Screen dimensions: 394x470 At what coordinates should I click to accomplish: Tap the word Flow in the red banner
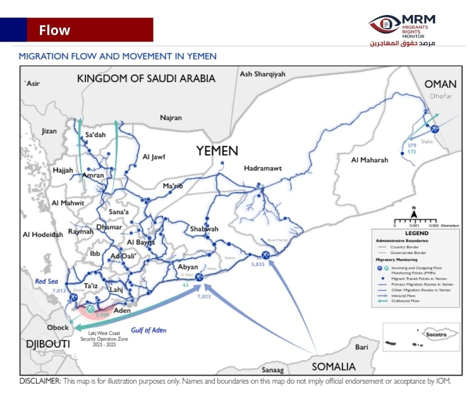55,30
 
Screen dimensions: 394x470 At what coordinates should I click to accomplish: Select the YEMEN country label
216,150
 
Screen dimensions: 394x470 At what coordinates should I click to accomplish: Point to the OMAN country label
440,84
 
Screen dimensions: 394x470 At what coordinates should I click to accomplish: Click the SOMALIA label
333,366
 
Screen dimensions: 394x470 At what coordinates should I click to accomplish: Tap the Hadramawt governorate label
262,168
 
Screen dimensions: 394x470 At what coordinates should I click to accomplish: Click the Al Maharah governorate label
369,160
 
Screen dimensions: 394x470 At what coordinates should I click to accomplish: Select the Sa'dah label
96,134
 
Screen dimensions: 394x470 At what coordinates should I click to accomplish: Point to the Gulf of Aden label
148,330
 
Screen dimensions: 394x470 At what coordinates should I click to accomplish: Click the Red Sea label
47,281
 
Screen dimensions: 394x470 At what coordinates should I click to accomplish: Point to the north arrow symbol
414,213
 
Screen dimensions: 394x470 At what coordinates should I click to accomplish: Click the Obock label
58,327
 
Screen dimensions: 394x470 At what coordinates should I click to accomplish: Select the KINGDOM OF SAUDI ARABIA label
146,78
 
